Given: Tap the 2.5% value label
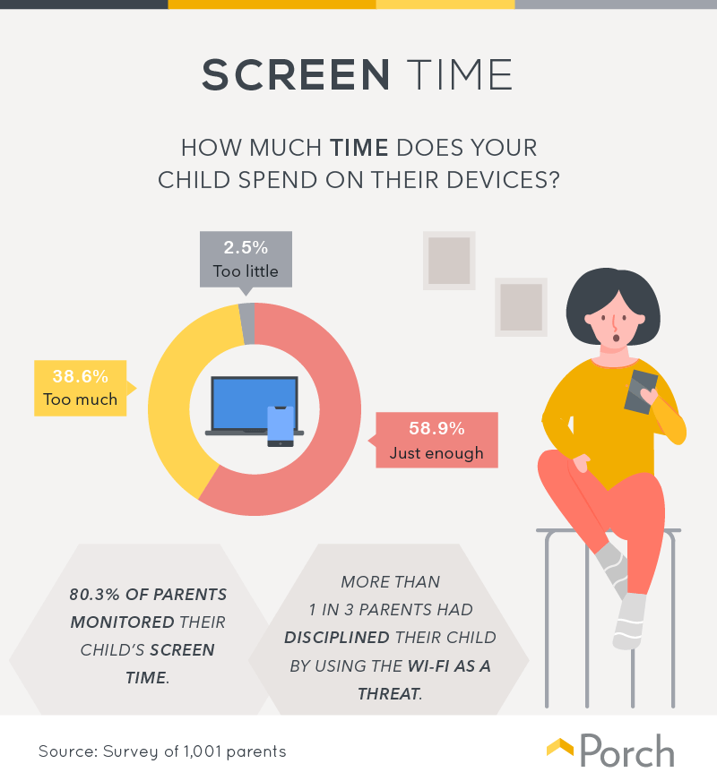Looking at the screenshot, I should (246, 246).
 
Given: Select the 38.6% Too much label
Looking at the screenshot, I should (80, 388).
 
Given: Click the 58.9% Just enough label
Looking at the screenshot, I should (436, 440).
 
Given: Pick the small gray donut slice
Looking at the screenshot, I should (247, 323).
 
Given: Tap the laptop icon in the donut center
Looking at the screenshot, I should (254, 403).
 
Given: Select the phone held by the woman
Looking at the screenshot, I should (640, 392).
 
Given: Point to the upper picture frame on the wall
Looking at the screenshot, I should (449, 261).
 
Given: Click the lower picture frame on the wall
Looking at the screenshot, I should (521, 307).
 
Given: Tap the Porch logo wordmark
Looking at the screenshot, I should (626, 751).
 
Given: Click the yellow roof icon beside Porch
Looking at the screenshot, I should (559, 748).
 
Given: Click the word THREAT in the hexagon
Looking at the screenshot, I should (389, 693).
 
